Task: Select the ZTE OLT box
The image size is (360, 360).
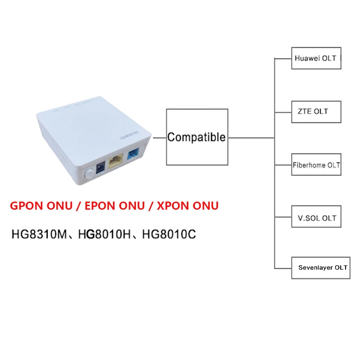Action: tap(315, 111)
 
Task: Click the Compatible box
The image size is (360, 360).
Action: tap(197, 137)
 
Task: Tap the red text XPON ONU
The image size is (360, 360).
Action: tap(189, 206)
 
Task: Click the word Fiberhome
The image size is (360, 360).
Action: tap(309, 165)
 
